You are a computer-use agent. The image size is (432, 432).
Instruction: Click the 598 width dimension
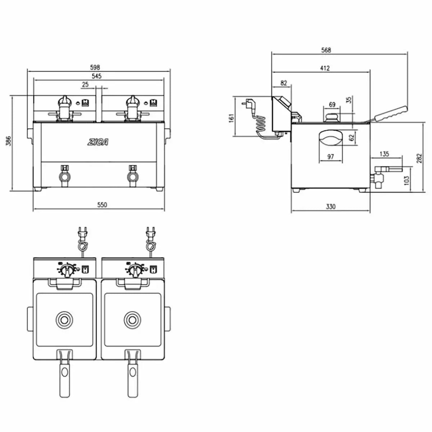point(95,67)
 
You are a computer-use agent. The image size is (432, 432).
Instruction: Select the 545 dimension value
point(96,76)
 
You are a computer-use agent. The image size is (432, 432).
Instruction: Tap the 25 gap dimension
point(85,85)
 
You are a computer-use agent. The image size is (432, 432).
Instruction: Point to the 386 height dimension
point(9,141)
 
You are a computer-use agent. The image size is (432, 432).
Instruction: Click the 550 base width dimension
point(102,205)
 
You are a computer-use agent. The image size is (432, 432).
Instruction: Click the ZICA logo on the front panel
point(98,142)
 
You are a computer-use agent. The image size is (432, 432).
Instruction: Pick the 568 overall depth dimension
point(326,50)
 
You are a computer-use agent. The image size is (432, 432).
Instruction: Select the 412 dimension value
point(325,68)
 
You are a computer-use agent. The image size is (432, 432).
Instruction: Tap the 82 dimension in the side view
point(284,83)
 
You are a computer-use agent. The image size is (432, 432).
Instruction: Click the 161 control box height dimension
point(231,118)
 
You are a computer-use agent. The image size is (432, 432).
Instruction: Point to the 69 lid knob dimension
point(332,104)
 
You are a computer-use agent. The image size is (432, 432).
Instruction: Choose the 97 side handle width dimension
point(331,157)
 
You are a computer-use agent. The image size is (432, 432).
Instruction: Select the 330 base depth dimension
point(331,206)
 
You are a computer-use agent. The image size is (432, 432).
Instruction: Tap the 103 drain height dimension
point(406,180)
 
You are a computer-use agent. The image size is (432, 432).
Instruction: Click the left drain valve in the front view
point(64,176)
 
